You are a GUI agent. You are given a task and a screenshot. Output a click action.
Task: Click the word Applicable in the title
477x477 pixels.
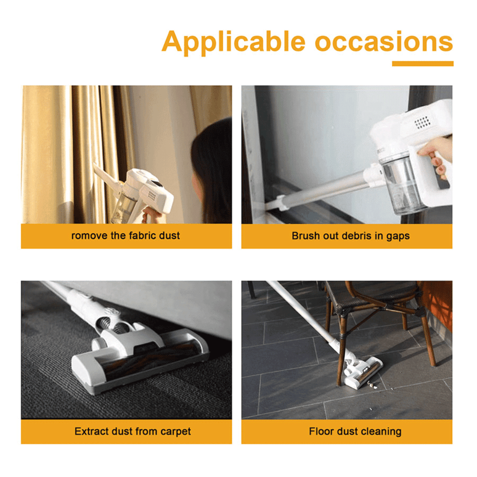point(233,42)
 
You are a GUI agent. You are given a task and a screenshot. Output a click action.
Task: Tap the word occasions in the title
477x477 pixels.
point(384,41)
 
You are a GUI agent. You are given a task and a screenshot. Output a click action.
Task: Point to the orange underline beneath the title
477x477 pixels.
point(423,63)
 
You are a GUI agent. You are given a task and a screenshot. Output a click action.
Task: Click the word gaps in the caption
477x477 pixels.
point(398,237)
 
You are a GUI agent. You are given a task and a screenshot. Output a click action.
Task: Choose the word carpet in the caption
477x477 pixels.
point(176,432)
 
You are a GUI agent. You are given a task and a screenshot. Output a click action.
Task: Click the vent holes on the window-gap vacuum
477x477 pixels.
point(422,122)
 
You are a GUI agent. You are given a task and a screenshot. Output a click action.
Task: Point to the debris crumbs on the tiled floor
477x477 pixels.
point(372,386)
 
